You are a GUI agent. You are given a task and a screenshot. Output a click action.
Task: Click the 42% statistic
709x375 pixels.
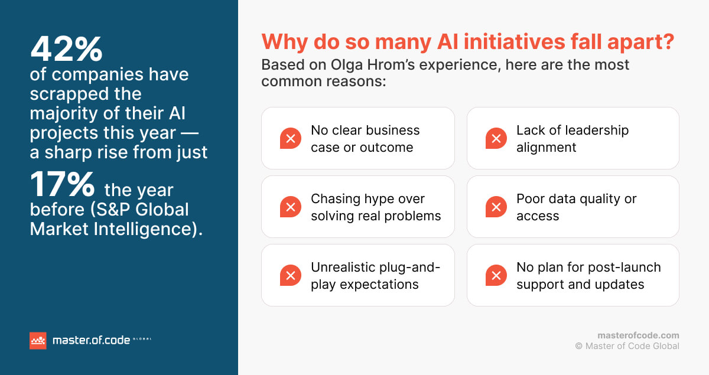(x=66, y=49)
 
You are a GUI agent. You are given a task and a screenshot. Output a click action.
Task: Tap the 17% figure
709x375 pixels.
(x=63, y=185)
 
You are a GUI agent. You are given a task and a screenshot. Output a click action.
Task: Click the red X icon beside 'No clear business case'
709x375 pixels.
(x=290, y=139)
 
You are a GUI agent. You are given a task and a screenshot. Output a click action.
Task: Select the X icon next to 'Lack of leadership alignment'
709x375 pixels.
(x=496, y=139)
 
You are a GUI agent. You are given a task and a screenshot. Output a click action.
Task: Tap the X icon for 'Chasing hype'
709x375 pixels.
(x=290, y=207)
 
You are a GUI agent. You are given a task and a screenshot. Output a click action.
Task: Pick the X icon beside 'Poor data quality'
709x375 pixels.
(x=496, y=207)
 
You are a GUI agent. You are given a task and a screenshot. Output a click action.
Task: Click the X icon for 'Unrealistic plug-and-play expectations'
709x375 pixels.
(x=290, y=276)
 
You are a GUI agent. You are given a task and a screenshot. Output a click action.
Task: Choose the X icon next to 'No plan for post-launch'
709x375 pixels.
(x=496, y=276)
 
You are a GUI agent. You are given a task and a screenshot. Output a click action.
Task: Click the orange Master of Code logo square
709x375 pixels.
(x=38, y=340)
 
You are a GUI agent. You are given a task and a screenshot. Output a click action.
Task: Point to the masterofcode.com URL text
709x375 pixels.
(x=638, y=335)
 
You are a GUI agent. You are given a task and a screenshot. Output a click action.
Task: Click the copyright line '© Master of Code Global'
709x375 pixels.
(x=627, y=346)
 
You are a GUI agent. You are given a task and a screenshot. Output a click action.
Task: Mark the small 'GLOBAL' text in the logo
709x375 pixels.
(x=142, y=339)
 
